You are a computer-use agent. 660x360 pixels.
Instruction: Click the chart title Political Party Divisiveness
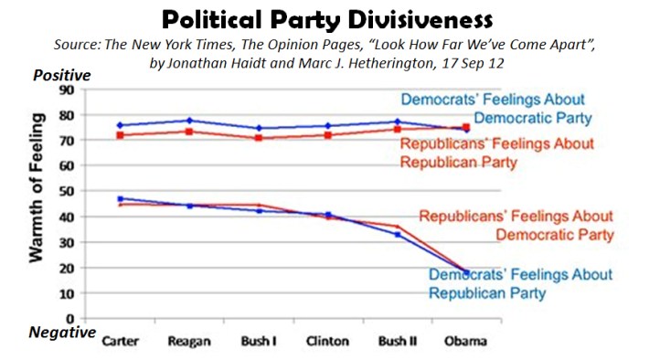(x=330, y=19)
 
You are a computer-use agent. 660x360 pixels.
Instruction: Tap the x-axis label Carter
(x=122, y=341)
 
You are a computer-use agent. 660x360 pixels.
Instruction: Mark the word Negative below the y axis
(x=62, y=333)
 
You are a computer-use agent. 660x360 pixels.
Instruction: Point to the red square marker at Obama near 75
(x=466, y=128)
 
